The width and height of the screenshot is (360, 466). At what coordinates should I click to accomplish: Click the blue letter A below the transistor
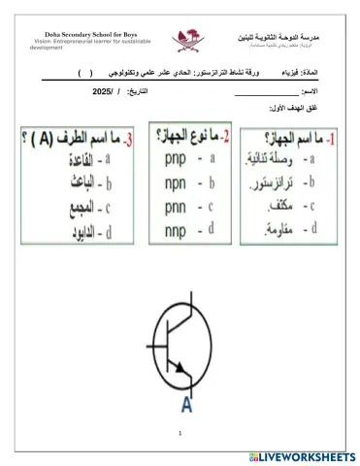point(185,406)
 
